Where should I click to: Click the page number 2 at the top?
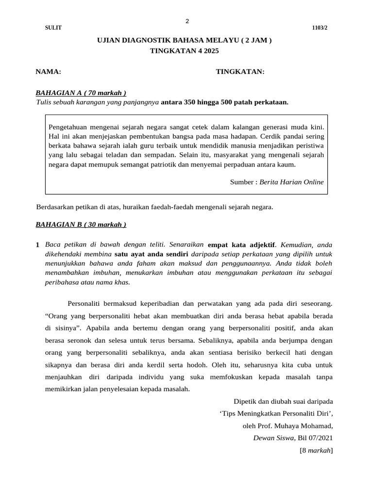pyautogui.click(x=187, y=21)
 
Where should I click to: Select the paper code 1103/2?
pyautogui.click(x=320, y=28)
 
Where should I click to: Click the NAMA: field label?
pyautogui.click(x=48, y=72)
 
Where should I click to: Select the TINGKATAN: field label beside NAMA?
pyautogui.click(x=240, y=72)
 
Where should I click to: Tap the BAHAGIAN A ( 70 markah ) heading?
pyautogui.click(x=81, y=93)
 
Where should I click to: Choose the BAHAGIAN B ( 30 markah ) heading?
pyautogui.click(x=81, y=224)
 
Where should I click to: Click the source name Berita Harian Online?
pyautogui.click(x=291, y=182)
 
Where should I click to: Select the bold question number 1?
pyautogui.click(x=38, y=245)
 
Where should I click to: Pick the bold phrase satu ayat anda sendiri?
pyautogui.click(x=151, y=254)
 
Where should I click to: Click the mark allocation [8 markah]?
pyautogui.click(x=317, y=450)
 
